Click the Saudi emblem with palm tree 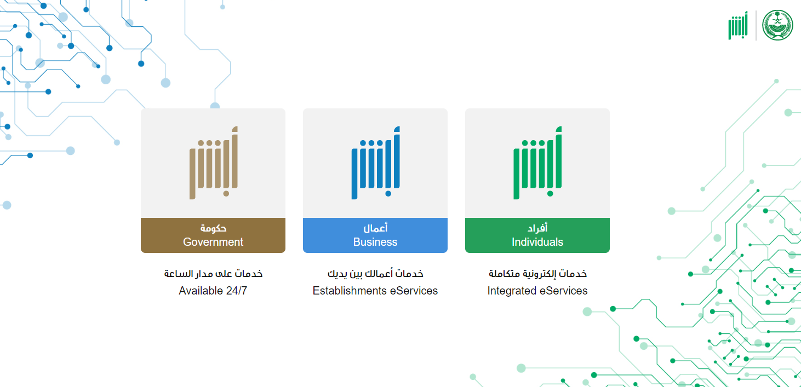[777, 25]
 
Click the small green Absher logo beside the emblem [738, 25]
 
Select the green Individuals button [537, 235]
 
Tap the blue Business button [375, 235]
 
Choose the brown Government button [213, 235]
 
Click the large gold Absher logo [214, 163]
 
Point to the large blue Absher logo [375, 163]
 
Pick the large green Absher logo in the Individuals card [537, 163]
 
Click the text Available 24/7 [213, 291]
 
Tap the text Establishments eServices [375, 291]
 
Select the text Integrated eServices [537, 291]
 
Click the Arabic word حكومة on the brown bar [213, 228]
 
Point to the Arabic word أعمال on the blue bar [375, 228]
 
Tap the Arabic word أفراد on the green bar [537, 228]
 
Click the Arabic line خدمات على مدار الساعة [213, 273]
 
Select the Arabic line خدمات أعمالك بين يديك [375, 273]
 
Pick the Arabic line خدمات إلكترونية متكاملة [537, 274]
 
